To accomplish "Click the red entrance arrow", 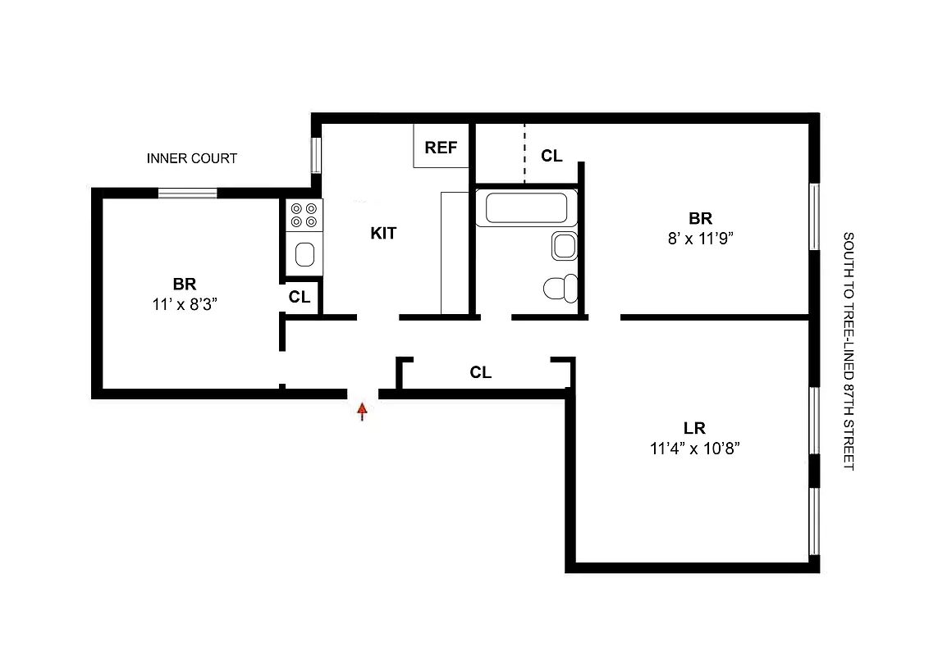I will pos(362,411).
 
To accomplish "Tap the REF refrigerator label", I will pos(441,148).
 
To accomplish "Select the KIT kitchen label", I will pos(383,233).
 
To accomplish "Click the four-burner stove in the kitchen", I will pos(304,215).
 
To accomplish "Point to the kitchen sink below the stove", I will pos(304,253).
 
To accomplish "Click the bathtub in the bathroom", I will pos(525,207).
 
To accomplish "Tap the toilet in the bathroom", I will pos(561,289).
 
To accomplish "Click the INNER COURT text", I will pos(192,158).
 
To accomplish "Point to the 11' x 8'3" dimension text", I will pos(184,303).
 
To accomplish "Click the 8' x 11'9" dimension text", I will pos(700,238).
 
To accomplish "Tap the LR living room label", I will pos(695,428).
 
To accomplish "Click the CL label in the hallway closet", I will pos(481,373).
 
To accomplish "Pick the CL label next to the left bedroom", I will pos(300,298).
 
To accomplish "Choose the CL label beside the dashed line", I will pos(551,156).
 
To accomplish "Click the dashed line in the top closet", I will pos(524,153).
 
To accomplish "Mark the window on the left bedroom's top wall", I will pos(188,194).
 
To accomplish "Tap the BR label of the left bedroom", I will pos(185,285).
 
